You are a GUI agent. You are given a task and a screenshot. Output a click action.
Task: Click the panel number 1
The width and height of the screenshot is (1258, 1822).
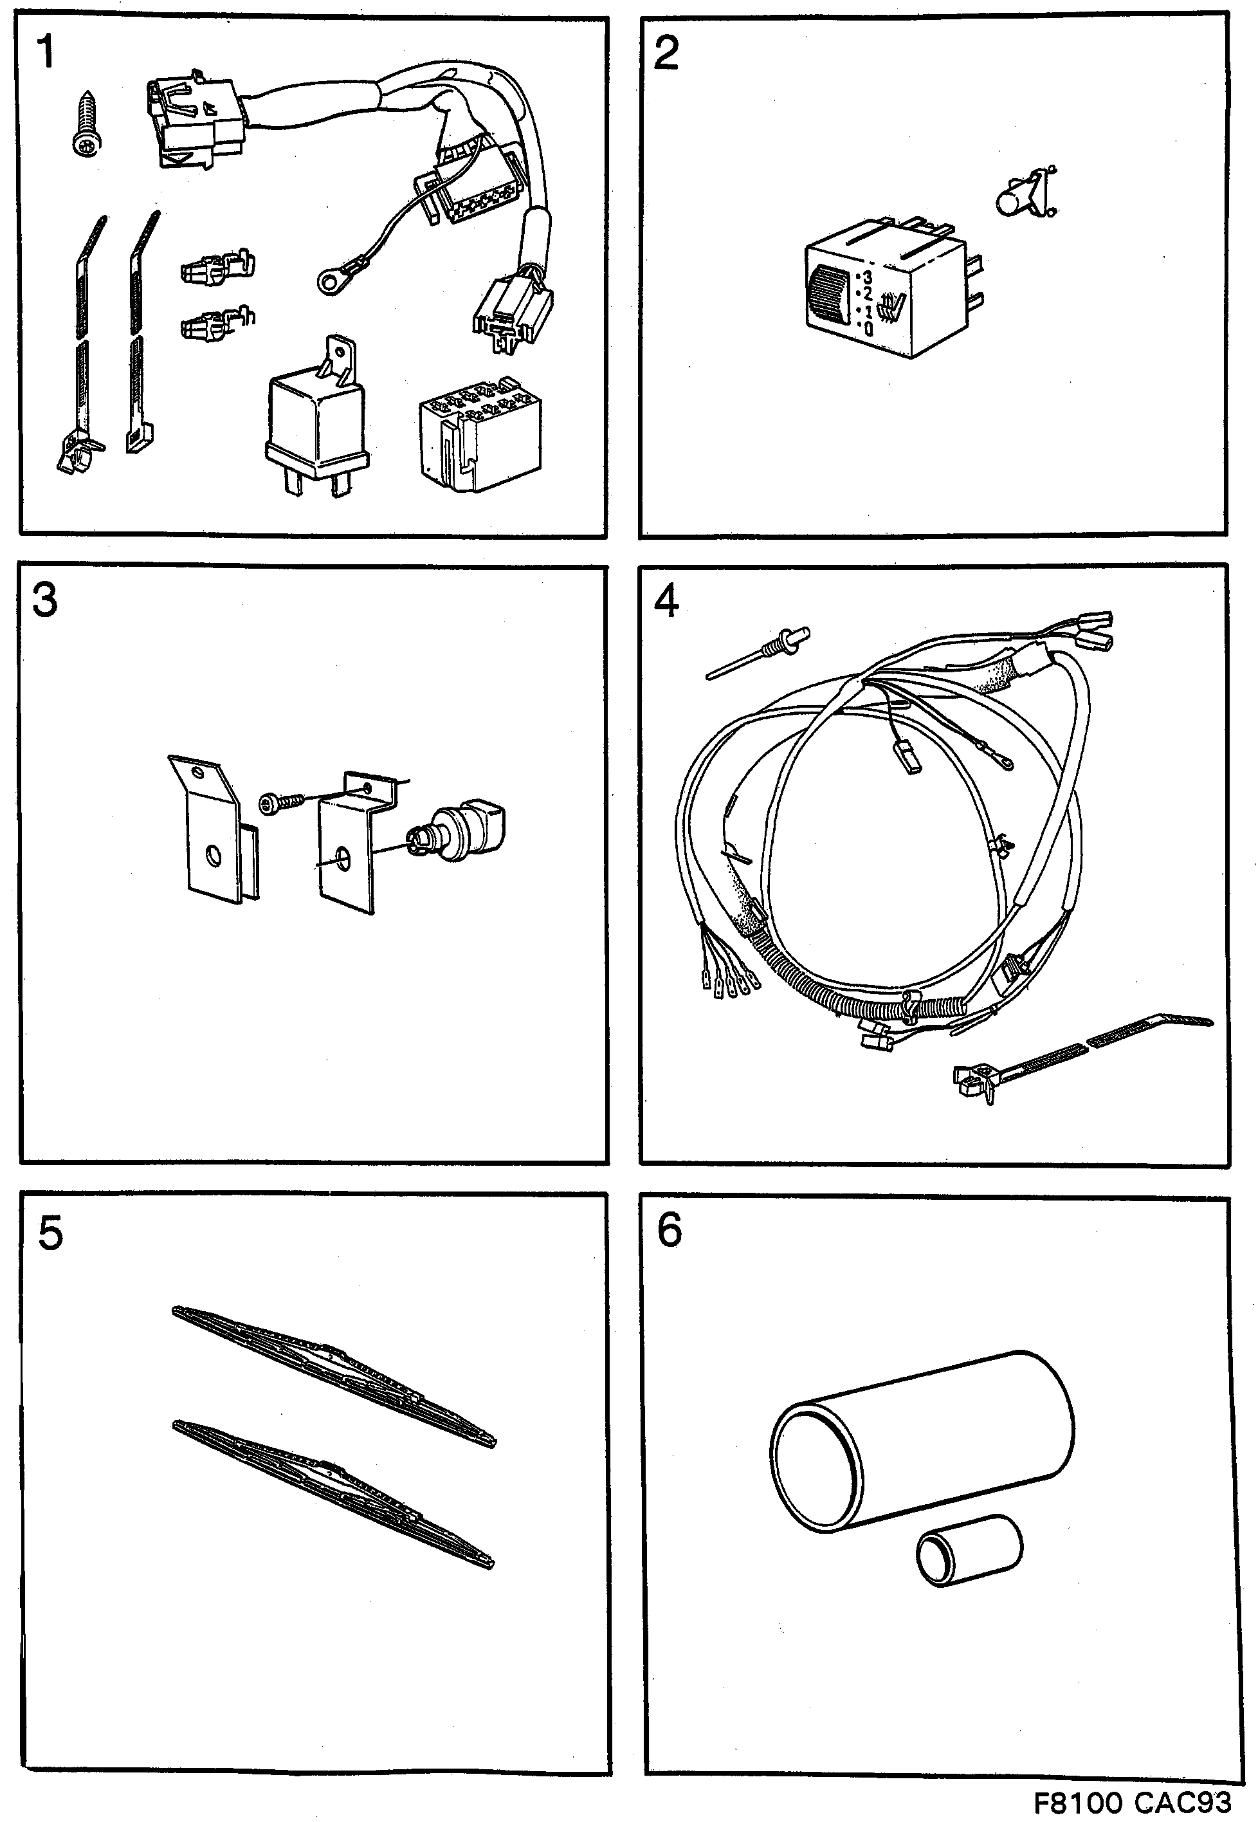click(x=46, y=53)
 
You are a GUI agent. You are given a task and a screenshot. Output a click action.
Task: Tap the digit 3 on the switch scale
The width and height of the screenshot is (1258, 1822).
click(x=868, y=277)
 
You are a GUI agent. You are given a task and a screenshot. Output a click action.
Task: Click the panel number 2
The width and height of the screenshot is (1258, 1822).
click(x=666, y=53)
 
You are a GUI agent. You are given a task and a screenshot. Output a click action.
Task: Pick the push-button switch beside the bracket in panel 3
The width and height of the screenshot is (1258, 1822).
click(x=461, y=829)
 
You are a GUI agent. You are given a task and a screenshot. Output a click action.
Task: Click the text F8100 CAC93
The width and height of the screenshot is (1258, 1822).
click(x=1132, y=1801)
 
